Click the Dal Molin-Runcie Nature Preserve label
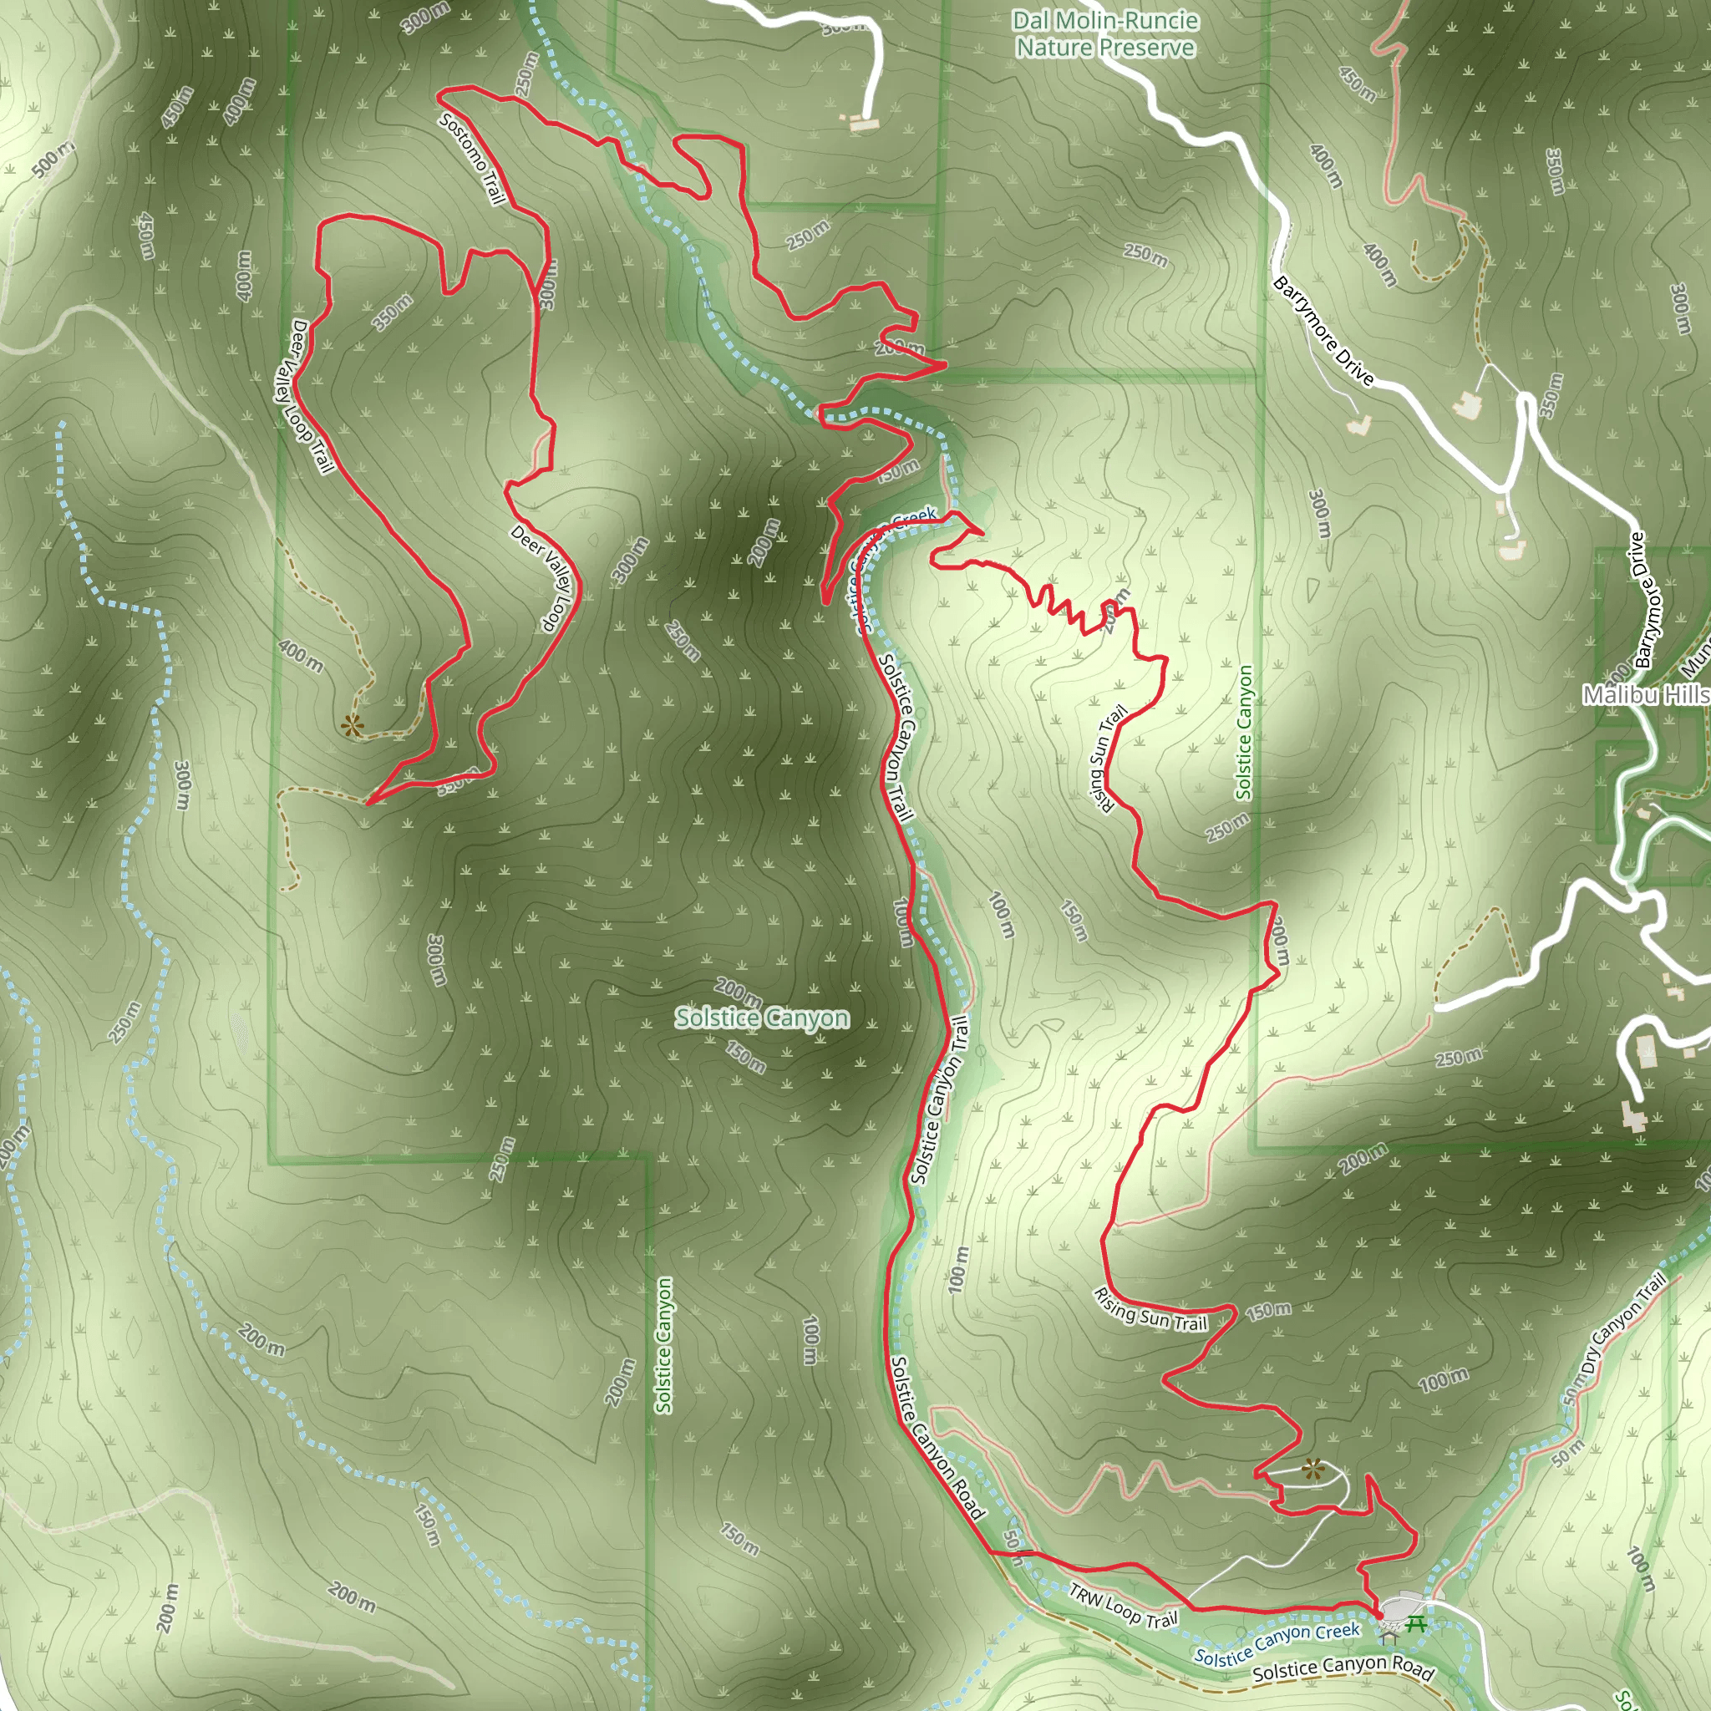point(1105,33)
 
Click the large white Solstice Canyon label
point(762,1018)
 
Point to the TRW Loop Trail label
point(1124,1606)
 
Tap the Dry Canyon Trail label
point(1626,1323)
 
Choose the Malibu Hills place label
point(1646,695)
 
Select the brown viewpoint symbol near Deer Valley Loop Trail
point(353,726)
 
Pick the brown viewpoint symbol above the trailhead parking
point(1312,1470)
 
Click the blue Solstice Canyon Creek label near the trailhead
point(1277,1643)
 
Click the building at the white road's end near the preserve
point(856,123)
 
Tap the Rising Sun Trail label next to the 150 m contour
point(1150,1311)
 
